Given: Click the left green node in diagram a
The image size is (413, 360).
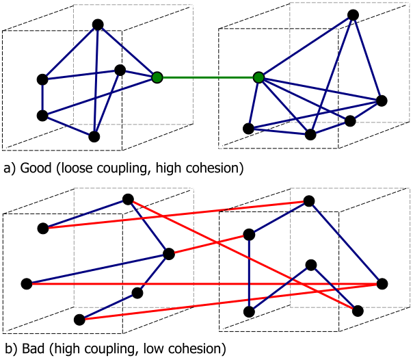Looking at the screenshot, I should click(157, 78).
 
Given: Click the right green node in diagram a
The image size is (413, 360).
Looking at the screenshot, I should click(258, 78).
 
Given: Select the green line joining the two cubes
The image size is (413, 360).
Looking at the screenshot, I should click(208, 78).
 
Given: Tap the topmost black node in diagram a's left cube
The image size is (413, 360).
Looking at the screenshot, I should click(98, 25).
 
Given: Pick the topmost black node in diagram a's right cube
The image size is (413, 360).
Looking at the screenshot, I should click(353, 14).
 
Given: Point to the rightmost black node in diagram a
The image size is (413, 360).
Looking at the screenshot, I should click(382, 101).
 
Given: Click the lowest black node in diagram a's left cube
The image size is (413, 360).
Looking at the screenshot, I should click(94, 136).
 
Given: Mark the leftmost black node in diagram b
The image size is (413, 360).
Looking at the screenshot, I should click(27, 283).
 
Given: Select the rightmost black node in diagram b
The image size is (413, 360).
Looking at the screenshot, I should click(382, 283).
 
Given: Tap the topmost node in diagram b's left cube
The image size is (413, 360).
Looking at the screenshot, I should click(127, 199).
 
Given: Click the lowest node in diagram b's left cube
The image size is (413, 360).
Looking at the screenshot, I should click(79, 320).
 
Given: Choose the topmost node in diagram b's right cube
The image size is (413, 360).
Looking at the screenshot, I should click(309, 201).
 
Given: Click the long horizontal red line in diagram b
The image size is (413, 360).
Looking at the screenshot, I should click(205, 283).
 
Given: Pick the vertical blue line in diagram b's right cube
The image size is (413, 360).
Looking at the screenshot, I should click(250, 274).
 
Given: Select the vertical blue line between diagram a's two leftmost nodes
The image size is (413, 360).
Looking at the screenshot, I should click(42, 97).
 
